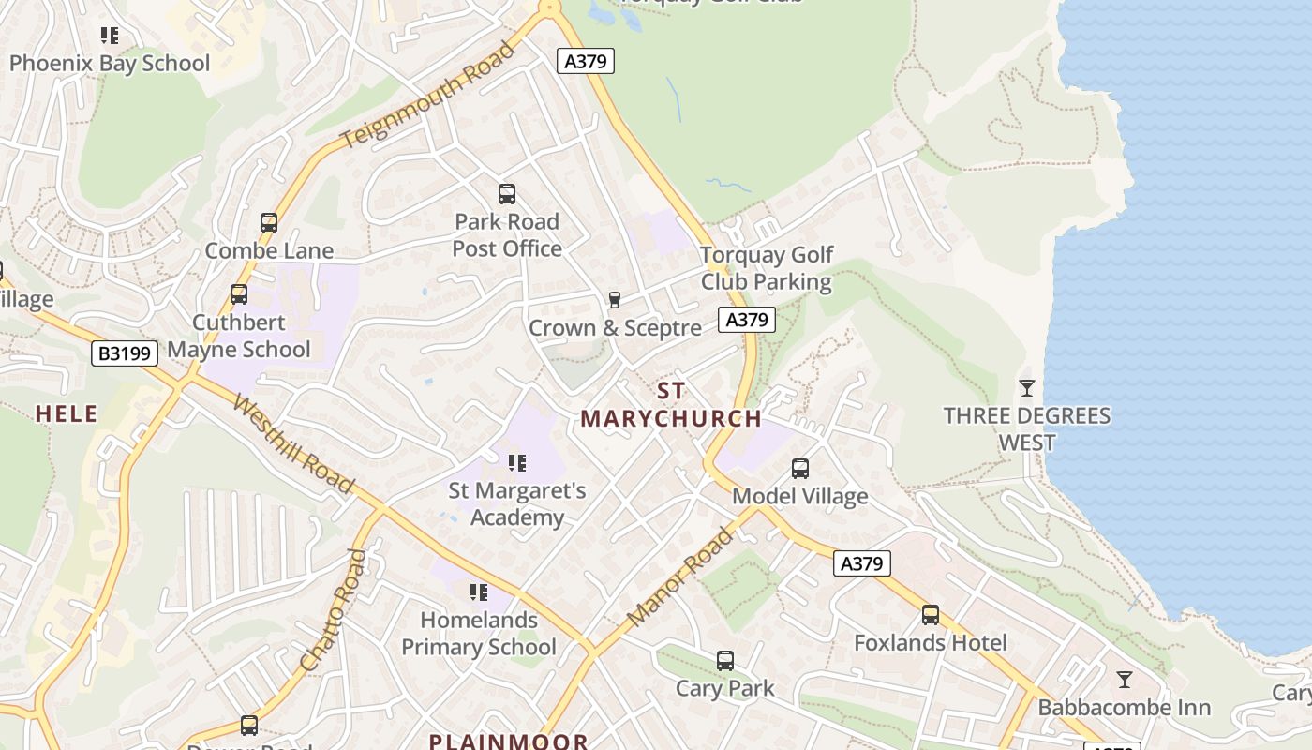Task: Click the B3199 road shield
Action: pyautogui.click(x=124, y=353)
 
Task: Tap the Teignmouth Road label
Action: pyautogui.click(x=427, y=96)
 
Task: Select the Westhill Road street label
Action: pyautogui.click(x=292, y=445)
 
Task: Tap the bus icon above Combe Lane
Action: pyautogui.click(x=269, y=223)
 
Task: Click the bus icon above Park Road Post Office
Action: pyautogui.click(x=507, y=194)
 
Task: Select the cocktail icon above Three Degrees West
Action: pyautogui.click(x=1027, y=387)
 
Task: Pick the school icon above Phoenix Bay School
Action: pyautogui.click(x=110, y=36)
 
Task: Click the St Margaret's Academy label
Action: pyautogui.click(x=517, y=503)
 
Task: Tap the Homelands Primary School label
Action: pyautogui.click(x=479, y=634)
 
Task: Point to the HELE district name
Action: pyautogui.click(x=67, y=413)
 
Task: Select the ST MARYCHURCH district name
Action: pyautogui.click(x=671, y=405)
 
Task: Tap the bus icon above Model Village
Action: pyautogui.click(x=799, y=468)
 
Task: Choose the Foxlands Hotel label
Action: pyautogui.click(x=931, y=643)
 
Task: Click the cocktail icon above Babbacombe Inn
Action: pyautogui.click(x=1125, y=680)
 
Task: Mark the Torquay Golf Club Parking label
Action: pyautogui.click(x=767, y=268)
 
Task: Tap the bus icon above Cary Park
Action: pyautogui.click(x=725, y=661)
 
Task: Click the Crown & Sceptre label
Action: pyautogui.click(x=615, y=328)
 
